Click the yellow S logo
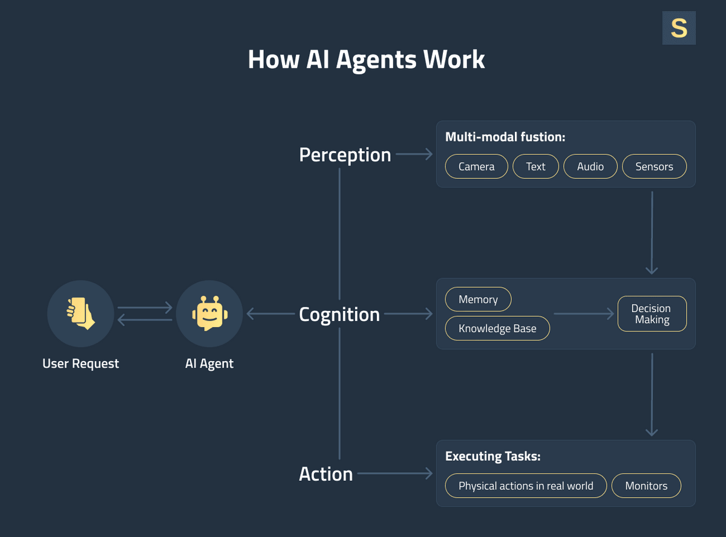679,28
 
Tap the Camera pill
476,166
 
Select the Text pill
535,166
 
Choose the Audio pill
590,166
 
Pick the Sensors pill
654,166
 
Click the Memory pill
478,299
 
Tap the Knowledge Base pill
497,328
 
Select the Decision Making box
652,314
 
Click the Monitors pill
646,486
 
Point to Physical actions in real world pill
526,486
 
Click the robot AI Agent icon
209,314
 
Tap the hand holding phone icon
80,314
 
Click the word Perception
345,155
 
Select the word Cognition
339,314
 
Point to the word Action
325,474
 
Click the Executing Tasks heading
492,456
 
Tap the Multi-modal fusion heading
505,137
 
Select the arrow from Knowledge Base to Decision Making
583,314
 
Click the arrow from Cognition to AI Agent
270,314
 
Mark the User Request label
80,363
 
